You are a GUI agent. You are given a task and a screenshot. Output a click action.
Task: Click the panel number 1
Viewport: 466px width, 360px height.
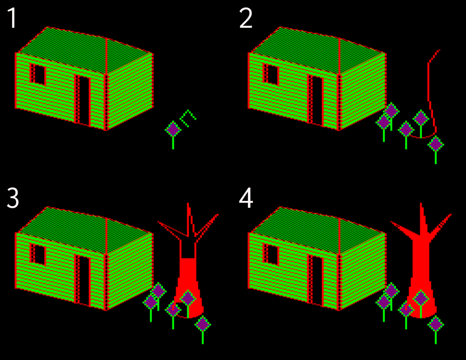pyautogui.click(x=12, y=19)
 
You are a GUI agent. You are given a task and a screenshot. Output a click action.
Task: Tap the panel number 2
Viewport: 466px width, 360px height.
pyautogui.click(x=246, y=19)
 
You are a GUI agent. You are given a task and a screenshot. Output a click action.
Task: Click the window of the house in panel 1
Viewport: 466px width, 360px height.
pyautogui.click(x=38, y=74)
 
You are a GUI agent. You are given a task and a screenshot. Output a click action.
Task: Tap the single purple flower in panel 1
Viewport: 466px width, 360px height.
pyautogui.click(x=173, y=130)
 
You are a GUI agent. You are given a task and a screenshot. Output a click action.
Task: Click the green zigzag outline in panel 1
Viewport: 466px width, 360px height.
pyautogui.click(x=188, y=118)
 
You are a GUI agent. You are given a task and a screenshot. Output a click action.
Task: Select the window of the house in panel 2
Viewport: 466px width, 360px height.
pyautogui.click(x=271, y=74)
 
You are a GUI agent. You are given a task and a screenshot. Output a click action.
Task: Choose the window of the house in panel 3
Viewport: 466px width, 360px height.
pyautogui.click(x=38, y=254)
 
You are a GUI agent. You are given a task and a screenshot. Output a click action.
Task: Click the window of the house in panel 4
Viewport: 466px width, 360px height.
pyautogui.click(x=271, y=254)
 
